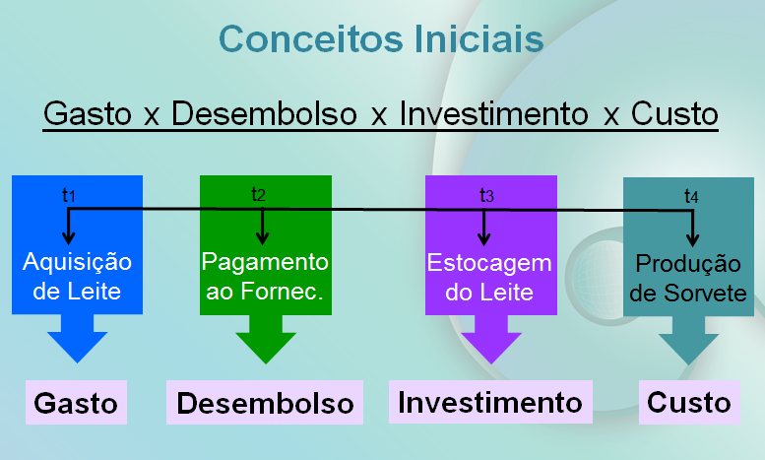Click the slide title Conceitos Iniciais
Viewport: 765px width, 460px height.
pyautogui.click(x=381, y=38)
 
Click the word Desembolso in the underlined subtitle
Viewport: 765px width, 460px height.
pyautogui.click(x=264, y=113)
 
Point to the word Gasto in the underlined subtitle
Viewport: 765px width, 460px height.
pyautogui.click(x=88, y=113)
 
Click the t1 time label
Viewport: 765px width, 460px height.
pyautogui.click(x=69, y=195)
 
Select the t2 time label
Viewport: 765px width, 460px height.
pyautogui.click(x=259, y=193)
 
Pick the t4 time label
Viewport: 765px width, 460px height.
pyautogui.click(x=691, y=197)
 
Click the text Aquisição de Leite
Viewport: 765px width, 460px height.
pyautogui.click(x=77, y=277)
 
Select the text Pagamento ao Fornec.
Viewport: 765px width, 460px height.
pyautogui.click(x=264, y=277)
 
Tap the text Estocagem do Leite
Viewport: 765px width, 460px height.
pyautogui.click(x=489, y=278)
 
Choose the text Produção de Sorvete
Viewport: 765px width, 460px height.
pyautogui.click(x=687, y=279)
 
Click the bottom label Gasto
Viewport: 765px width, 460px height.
pyautogui.click(x=76, y=404)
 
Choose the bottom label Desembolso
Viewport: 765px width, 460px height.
pyautogui.click(x=265, y=404)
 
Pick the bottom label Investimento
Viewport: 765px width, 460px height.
pyautogui.click(x=491, y=403)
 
